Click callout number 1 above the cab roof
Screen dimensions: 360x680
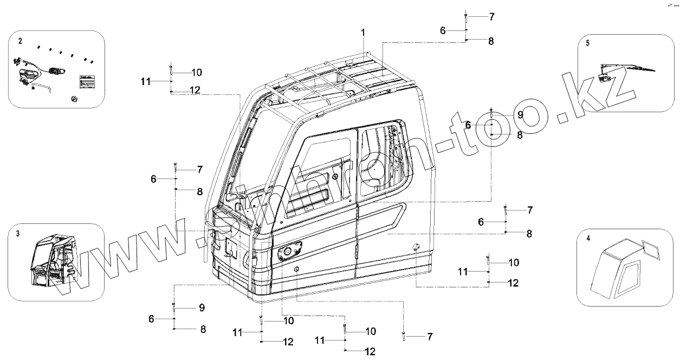pos(363,33)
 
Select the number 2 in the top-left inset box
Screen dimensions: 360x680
pos(20,41)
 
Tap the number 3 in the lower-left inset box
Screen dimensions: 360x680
pos(18,233)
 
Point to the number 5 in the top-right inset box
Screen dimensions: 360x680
pos(588,42)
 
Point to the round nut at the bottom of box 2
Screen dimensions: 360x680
pos(73,98)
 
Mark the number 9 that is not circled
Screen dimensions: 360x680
pos(202,307)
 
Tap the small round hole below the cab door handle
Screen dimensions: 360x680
pos(297,269)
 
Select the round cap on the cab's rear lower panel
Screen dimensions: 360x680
pos(416,247)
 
